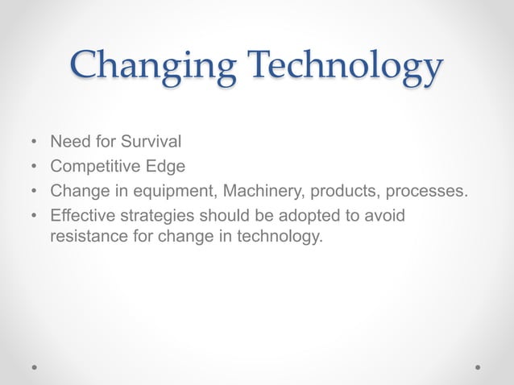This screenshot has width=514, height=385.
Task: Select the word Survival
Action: click(x=151, y=143)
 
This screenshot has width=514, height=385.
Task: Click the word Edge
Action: click(x=167, y=167)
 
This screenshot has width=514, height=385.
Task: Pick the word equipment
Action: click(x=176, y=192)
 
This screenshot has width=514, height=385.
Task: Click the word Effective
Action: click(x=79, y=216)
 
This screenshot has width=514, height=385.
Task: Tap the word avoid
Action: click(x=384, y=216)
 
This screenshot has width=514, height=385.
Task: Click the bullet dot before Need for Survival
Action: click(x=33, y=143)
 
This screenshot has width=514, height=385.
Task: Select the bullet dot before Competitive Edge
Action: click(x=33, y=168)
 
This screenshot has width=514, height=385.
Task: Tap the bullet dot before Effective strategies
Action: click(x=33, y=217)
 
